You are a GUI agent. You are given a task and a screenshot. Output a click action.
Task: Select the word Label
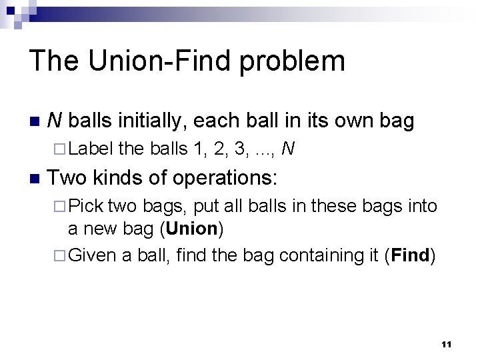click(91, 149)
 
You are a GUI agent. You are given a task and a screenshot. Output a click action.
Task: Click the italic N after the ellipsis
click(288, 149)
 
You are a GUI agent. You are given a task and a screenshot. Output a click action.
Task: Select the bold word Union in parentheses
click(192, 229)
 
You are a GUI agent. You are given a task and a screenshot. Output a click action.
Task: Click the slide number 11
click(447, 345)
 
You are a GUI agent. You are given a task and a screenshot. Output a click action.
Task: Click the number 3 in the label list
click(240, 149)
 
